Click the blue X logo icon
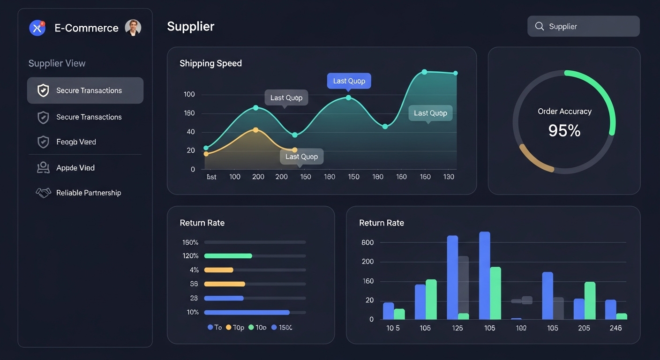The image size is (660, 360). point(37,28)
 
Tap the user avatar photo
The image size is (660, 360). point(133,28)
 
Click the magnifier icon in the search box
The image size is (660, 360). point(540,26)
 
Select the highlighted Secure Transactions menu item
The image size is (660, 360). point(85,90)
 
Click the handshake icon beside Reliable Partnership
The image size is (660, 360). point(43,193)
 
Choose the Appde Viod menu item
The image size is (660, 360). point(75,168)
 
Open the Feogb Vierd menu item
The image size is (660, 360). point(76,142)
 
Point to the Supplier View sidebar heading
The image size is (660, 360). point(57,63)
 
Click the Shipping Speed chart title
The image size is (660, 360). point(210,63)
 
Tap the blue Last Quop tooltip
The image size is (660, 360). point(349,81)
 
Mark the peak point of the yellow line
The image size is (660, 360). point(255,130)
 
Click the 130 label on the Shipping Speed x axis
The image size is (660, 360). point(449,177)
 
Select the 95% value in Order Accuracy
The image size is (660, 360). point(564,131)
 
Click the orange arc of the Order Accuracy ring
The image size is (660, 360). point(534,160)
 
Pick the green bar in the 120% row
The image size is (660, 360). point(228,256)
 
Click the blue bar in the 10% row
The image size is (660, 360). point(247,312)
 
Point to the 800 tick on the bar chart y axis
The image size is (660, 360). point(367,242)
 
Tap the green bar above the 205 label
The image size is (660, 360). point(590,300)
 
